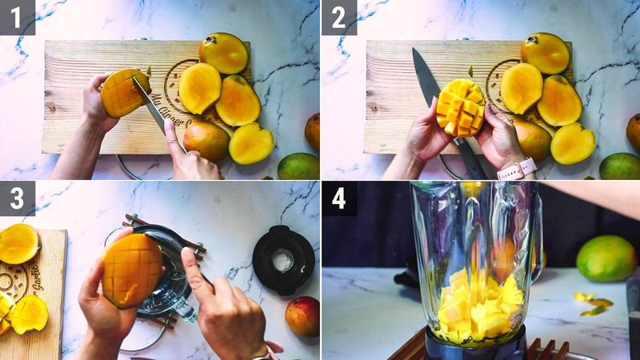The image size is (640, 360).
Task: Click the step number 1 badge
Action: coord(17,17)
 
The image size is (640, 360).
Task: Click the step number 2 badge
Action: coord(338,17)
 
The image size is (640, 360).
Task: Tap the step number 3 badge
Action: coord(17,198)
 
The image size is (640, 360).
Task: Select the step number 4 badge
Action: coord(338,198)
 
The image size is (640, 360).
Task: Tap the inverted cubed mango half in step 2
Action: coord(461,107)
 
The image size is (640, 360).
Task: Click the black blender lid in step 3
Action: coord(283,259)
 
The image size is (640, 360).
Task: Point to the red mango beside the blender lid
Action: coord(302,315)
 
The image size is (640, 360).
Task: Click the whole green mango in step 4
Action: coord(606,258)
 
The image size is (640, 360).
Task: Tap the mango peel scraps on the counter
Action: coord(593,304)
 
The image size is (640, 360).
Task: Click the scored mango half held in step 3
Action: coord(132,270)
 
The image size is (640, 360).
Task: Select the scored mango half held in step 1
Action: coord(123,93)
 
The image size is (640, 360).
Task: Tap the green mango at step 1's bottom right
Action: coord(298,166)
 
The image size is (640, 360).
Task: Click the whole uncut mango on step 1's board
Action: coord(206,140)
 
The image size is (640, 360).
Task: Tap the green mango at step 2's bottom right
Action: coord(621,166)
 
